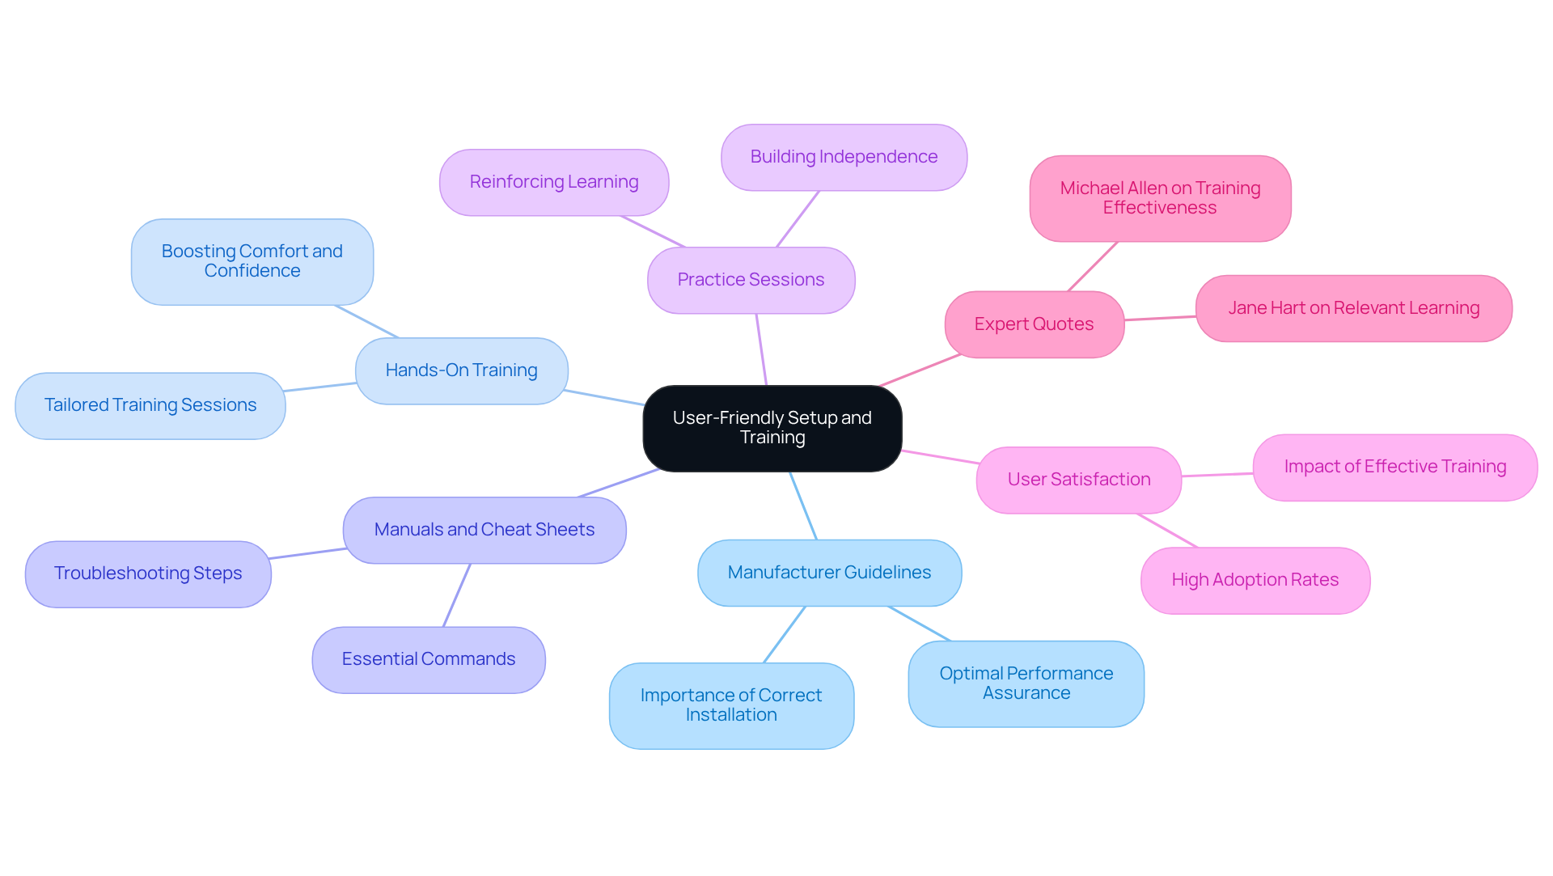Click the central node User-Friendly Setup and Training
point(772,428)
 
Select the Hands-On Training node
point(461,370)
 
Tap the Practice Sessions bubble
point(751,280)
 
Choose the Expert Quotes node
point(1034,324)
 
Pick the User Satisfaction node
point(1078,480)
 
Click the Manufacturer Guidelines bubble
point(829,573)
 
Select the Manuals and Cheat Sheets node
point(484,530)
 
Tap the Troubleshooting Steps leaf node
point(148,573)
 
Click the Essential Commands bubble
point(428,659)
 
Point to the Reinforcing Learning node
point(553,182)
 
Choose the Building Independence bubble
point(844,157)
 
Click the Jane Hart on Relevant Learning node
point(1353,308)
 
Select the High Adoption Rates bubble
point(1255,580)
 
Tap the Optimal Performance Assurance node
point(1026,683)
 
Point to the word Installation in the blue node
point(731,715)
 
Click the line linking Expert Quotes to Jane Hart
point(1160,318)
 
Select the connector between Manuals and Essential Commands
point(457,595)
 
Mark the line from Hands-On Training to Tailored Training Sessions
point(320,387)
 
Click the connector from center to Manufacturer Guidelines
point(803,506)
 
